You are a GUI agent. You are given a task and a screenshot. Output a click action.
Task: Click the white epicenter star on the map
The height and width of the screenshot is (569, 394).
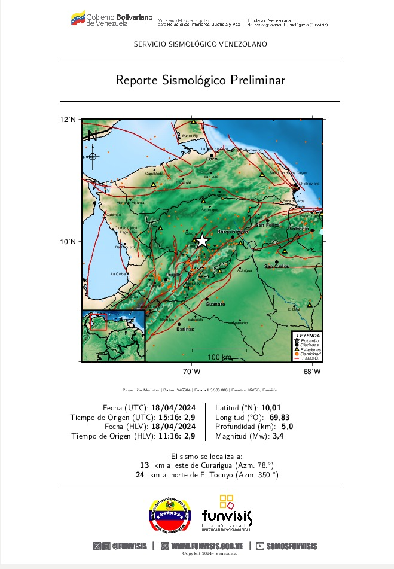point(202,241)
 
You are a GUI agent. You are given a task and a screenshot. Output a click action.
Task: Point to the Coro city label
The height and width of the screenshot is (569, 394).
point(212,159)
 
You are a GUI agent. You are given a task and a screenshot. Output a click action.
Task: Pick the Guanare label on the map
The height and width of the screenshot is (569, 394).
point(215,305)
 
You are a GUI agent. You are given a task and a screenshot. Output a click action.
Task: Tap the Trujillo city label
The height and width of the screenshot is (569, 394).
point(173,275)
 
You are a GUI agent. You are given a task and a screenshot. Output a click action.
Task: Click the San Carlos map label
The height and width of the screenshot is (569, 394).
point(277,266)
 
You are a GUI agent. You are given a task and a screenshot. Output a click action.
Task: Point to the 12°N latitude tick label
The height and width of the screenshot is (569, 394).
point(68,120)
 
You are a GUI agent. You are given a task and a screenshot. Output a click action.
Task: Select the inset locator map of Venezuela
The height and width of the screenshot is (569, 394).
point(112,336)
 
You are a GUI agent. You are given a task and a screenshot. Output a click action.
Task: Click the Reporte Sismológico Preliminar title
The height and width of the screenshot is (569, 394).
point(200,80)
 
